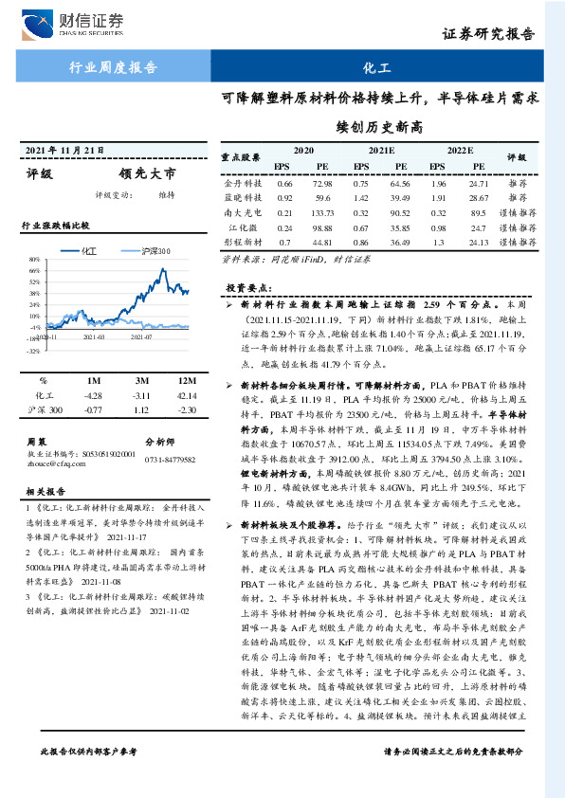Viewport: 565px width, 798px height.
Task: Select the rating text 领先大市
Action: (x=148, y=174)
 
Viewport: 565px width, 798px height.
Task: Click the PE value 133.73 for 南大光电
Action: (x=320, y=213)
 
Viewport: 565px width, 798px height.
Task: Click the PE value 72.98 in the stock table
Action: (x=320, y=182)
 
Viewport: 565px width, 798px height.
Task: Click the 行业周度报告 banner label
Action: (x=113, y=68)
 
